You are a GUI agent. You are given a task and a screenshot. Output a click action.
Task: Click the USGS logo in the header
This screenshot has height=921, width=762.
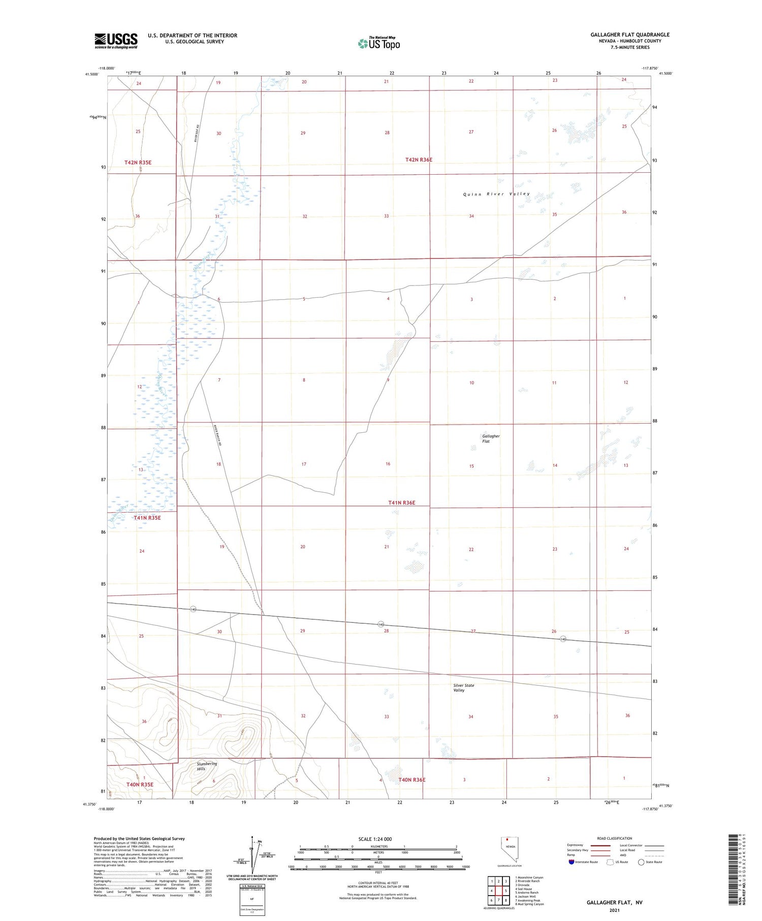point(116,41)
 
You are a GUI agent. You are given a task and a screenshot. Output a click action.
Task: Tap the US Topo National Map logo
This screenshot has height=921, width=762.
point(378,43)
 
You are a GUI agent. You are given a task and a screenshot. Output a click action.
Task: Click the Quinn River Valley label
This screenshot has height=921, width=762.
point(496,194)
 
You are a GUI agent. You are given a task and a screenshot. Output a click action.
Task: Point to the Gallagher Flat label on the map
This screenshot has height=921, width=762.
point(491,438)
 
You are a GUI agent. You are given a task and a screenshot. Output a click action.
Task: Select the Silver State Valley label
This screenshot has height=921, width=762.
point(463,688)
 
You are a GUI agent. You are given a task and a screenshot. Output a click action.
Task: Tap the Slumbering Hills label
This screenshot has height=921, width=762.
point(207,766)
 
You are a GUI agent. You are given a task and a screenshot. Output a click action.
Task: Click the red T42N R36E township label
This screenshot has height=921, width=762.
point(419,160)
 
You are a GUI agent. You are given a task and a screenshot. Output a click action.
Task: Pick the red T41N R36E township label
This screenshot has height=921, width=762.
point(401,502)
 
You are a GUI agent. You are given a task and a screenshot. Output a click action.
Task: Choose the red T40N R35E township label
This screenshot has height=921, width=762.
point(140,784)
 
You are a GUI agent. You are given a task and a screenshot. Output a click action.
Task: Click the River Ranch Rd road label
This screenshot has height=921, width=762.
point(217,436)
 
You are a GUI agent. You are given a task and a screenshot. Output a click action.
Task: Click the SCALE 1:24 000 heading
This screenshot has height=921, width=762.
point(375,839)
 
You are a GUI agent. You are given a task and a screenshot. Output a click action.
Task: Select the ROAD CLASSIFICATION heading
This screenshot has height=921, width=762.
point(615,838)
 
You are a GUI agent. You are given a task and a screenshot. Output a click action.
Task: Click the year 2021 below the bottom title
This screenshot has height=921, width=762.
point(614,909)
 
